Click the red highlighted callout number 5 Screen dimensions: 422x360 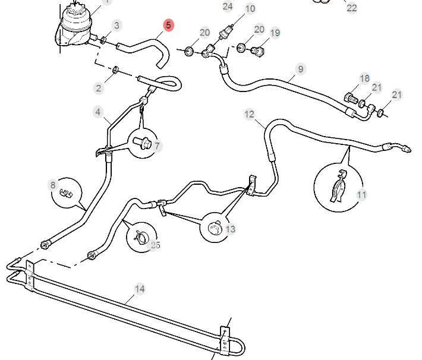pos(168,25)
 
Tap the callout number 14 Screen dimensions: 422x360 pos(140,289)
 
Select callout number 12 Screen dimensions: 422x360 pos(249,114)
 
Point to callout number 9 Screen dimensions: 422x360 pos(300,69)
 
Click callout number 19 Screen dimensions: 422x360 pos(275,33)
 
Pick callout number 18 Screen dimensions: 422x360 pos(365,78)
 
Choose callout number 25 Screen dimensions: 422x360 pos(155,245)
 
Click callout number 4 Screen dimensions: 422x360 pos(98,112)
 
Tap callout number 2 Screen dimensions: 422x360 pos(99,88)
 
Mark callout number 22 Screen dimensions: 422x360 pos(351,8)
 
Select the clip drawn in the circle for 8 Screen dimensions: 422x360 pos(66,193)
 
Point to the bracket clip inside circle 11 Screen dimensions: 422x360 pos(338,186)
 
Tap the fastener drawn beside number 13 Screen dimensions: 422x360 pos(215,228)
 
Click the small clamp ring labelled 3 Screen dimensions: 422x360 pos(103,40)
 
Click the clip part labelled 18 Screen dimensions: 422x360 pos(351,98)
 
